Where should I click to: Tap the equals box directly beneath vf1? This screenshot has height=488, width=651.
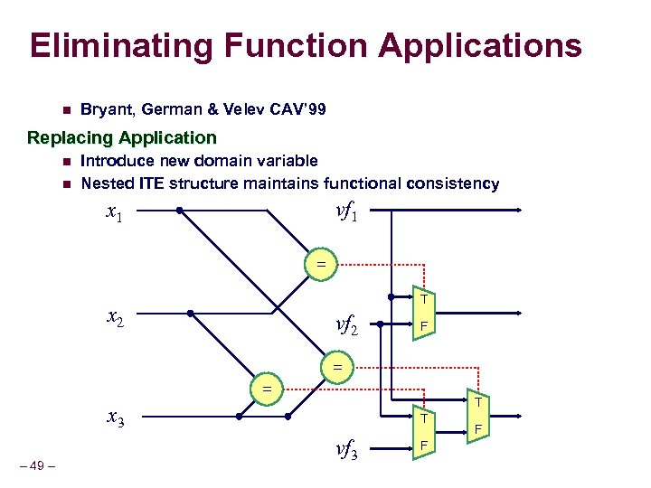tap(320, 265)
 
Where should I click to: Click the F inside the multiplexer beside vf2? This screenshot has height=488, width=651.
tap(421, 325)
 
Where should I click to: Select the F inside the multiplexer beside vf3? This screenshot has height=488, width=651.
tap(421, 446)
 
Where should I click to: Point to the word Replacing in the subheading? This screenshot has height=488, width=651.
tap(67, 138)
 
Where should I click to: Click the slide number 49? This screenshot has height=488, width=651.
tap(37, 466)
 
